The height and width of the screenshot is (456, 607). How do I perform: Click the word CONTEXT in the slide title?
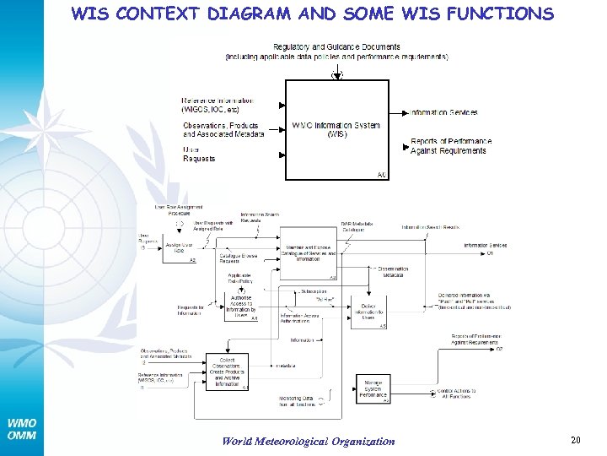click(158, 14)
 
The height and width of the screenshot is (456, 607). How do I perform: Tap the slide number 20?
click(576, 439)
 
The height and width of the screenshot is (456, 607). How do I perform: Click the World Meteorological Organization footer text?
click(308, 441)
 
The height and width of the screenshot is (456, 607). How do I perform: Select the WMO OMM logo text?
click(21, 429)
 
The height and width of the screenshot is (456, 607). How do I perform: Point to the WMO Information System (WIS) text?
click(336, 129)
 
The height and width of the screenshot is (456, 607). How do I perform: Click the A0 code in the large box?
click(382, 175)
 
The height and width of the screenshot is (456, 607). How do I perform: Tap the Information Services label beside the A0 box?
click(444, 112)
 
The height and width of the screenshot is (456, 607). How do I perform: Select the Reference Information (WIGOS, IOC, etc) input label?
click(217, 105)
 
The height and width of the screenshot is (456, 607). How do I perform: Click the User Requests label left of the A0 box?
click(199, 154)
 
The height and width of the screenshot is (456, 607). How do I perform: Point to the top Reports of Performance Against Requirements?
click(451, 146)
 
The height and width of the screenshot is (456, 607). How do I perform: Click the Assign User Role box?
click(179, 248)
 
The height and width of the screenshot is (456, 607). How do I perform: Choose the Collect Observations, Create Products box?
click(227, 371)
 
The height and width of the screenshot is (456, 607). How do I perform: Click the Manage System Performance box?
click(373, 389)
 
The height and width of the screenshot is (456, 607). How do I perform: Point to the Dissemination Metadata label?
click(393, 271)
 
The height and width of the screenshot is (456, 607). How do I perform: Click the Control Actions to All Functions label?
click(456, 394)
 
